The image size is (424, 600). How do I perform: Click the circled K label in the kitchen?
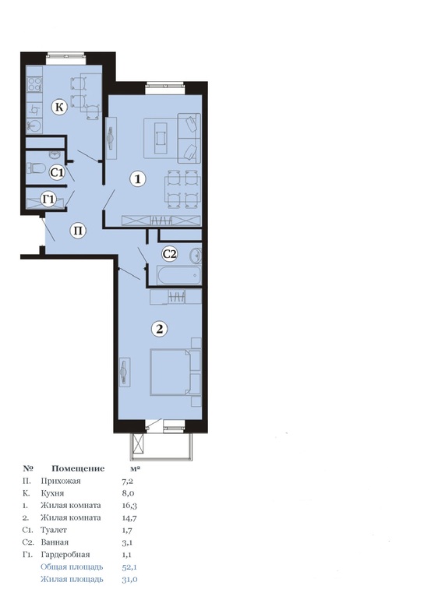(59, 107)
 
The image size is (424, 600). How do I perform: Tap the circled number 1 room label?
(138, 178)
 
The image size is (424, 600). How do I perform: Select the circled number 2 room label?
(159, 329)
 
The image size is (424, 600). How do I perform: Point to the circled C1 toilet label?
(57, 172)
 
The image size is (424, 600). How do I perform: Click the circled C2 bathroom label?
(170, 253)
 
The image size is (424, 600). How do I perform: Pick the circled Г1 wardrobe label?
(48, 199)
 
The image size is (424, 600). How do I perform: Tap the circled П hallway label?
(78, 231)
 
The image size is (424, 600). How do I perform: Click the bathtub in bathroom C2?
(178, 275)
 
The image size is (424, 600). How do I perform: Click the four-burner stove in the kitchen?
(34, 84)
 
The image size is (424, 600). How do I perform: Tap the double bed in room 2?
(170, 372)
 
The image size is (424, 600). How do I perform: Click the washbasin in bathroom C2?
(196, 256)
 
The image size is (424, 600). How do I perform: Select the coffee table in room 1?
(161, 138)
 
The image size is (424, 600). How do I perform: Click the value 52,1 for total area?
(129, 566)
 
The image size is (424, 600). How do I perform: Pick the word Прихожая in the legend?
(61, 481)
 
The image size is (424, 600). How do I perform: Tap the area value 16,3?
(129, 506)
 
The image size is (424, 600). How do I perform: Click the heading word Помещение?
(78, 469)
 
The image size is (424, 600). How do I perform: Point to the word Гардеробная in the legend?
(65, 555)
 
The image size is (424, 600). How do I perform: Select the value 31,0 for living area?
(129, 579)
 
